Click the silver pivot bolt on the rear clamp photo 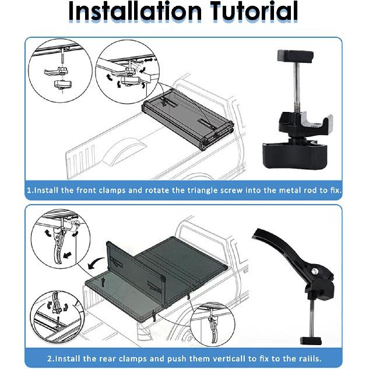coord(314,272)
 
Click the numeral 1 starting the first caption coord(29,191)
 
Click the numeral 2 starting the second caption coord(50,359)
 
